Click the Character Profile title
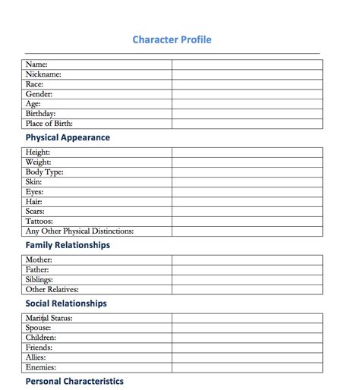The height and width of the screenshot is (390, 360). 172,39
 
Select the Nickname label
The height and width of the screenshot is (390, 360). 43,74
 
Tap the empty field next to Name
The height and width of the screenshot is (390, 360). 247,64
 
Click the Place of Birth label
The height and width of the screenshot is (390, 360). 49,123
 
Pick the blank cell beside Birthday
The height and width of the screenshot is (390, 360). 247,113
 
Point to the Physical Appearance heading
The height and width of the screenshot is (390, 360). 68,137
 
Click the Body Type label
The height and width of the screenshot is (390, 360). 45,172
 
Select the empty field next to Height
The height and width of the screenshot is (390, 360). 247,153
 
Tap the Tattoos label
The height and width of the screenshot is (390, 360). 39,221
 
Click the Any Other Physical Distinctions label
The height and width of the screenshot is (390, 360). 80,231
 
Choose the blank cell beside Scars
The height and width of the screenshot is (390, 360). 247,211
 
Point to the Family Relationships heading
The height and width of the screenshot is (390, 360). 68,245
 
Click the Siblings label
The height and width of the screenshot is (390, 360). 39,279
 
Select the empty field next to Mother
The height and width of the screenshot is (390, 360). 247,259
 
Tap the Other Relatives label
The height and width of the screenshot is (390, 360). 52,289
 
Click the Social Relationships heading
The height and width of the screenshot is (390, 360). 66,304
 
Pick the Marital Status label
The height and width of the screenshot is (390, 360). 49,318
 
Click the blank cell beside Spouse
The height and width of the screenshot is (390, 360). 247,328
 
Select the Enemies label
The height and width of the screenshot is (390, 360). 41,366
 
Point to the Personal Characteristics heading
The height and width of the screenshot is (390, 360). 74,381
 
